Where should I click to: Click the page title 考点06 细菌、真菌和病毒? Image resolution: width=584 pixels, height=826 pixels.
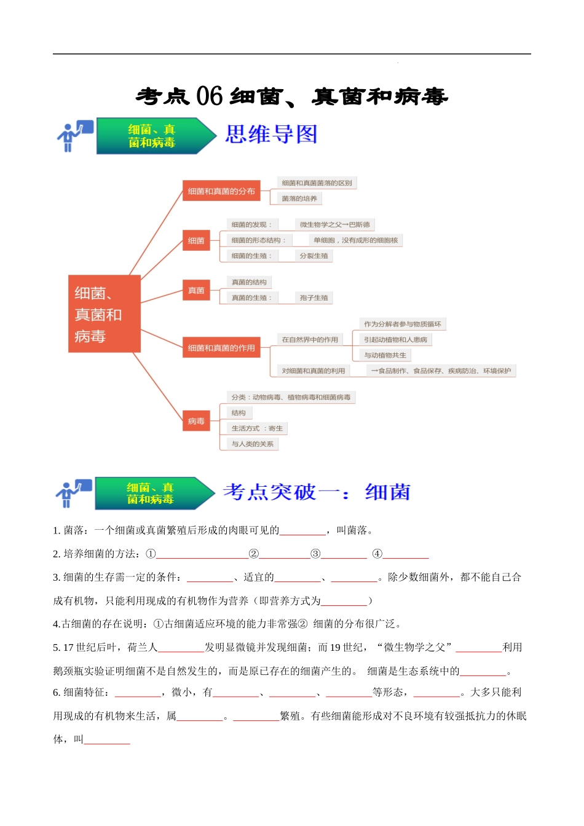pos(292,96)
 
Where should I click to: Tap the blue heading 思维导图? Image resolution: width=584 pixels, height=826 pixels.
pos(271,135)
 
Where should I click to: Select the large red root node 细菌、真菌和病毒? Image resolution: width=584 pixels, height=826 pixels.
pos(104,314)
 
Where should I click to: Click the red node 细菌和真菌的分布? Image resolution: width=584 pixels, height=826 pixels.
pos(221,191)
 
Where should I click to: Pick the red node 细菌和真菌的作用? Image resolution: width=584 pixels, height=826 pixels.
pos(221,348)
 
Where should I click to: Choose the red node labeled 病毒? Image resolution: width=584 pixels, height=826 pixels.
pos(196,421)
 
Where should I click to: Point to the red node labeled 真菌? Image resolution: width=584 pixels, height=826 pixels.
pos(196,290)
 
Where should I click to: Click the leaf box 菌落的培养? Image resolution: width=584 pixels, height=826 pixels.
pos(299,199)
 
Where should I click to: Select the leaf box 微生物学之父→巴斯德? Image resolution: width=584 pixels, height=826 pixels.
pos(335,224)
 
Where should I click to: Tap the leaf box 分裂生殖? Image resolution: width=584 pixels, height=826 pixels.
pos(314,256)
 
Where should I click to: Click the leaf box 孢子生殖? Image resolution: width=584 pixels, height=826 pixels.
pos(314,297)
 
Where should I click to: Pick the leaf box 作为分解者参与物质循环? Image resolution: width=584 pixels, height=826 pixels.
pos(402,324)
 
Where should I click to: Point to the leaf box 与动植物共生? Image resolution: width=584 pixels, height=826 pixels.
pos(385,355)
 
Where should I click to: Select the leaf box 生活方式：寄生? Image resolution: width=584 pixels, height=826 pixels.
pos(257,428)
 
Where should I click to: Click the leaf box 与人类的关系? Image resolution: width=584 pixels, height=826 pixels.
pos(252,444)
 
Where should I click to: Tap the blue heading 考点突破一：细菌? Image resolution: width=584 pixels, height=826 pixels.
pos(316,492)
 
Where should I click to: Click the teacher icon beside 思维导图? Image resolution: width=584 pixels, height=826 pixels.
pos(74,136)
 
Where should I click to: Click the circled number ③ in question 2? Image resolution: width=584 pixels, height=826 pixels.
pos(315,554)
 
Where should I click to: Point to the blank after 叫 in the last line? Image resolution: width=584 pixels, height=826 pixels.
pos(107,739)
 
